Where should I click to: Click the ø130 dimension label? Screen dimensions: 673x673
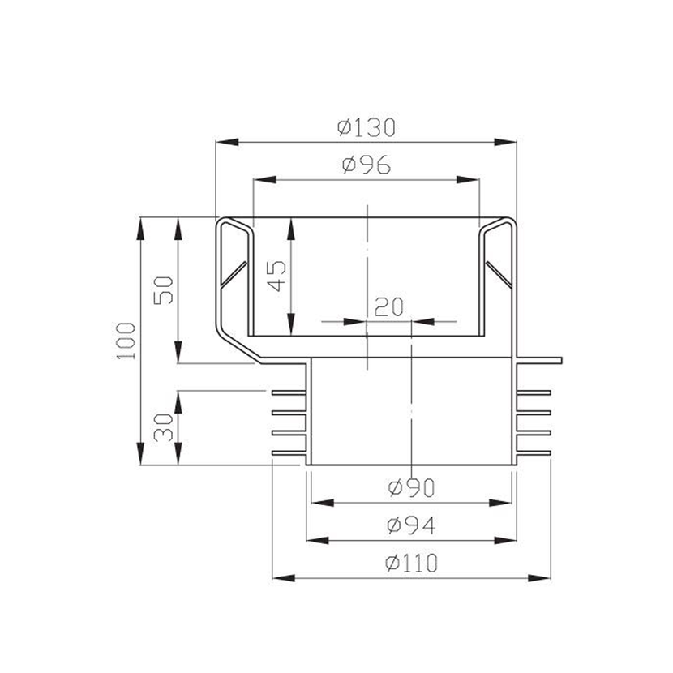pyautogui.click(x=367, y=127)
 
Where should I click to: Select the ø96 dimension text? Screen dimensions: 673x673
pyautogui.click(x=367, y=165)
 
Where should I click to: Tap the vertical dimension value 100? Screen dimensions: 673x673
pyautogui.click(x=126, y=341)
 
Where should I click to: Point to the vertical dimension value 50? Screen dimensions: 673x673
pyautogui.click(x=164, y=290)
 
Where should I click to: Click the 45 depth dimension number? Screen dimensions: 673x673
pyautogui.click(x=276, y=276)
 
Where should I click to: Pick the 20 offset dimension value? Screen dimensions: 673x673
pyautogui.click(x=389, y=306)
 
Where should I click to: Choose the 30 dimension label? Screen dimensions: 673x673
pyautogui.click(x=164, y=427)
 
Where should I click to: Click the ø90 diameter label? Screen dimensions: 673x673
pyautogui.click(x=411, y=488)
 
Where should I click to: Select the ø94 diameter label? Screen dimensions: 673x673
pyautogui.click(x=411, y=525)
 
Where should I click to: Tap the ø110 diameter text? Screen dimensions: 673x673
pyautogui.click(x=411, y=563)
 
